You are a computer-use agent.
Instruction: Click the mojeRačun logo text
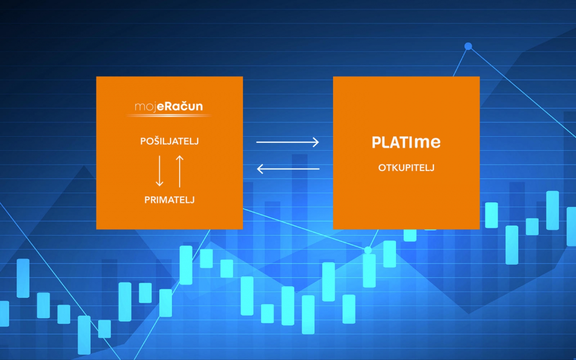tap(169, 106)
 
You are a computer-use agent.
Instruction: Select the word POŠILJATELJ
tap(169, 141)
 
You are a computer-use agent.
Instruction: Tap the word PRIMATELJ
tap(169, 200)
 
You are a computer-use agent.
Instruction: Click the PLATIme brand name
tap(406, 142)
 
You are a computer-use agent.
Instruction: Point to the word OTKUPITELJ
tap(406, 168)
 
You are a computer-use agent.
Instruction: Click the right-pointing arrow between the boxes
tap(288, 142)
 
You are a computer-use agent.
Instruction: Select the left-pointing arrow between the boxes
tap(288, 169)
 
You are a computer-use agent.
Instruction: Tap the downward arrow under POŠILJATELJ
tap(159, 171)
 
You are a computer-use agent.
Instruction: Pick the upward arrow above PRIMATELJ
tap(180, 171)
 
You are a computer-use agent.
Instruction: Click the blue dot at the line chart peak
tap(468, 46)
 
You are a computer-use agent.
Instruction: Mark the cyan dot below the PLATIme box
tap(368, 250)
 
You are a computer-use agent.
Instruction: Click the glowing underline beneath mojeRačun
tap(169, 116)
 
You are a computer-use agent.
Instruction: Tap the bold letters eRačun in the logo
tap(180, 106)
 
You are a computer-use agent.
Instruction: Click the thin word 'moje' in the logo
tap(145, 107)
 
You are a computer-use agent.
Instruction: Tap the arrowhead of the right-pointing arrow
tap(316, 142)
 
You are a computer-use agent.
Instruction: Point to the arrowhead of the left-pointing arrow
tap(260, 169)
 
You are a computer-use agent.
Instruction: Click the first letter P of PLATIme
tap(376, 142)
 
